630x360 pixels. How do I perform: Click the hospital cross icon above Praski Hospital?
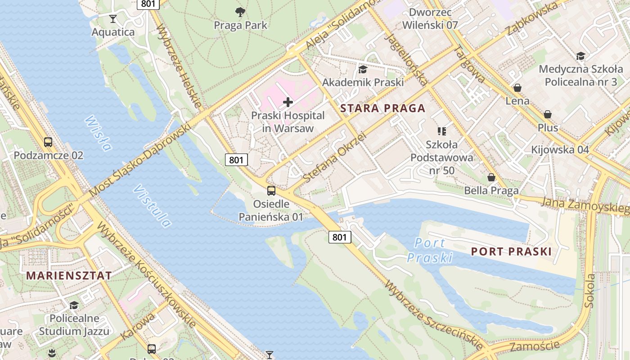pyautogui.click(x=288, y=103)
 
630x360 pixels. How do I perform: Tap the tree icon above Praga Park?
pyautogui.click(x=240, y=12)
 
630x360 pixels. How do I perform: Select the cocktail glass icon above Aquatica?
pyautogui.click(x=113, y=19)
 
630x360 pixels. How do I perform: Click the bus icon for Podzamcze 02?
pyautogui.click(x=48, y=142)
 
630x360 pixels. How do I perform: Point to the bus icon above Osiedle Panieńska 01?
pyautogui.click(x=271, y=190)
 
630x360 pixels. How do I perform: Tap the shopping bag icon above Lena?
pyautogui.click(x=517, y=88)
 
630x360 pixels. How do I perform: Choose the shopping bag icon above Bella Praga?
pyautogui.click(x=491, y=178)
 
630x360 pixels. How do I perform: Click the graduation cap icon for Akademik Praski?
pyautogui.click(x=362, y=69)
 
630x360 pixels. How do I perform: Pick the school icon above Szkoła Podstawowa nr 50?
pyautogui.click(x=441, y=131)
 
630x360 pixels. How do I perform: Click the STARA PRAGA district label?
pyautogui.click(x=382, y=108)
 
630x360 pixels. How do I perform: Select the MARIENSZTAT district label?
pyautogui.click(x=69, y=276)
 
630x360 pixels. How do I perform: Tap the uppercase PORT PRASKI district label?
pyautogui.click(x=511, y=252)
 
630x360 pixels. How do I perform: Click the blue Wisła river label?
pyautogui.click(x=98, y=134)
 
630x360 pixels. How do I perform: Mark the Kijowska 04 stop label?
pyautogui.click(x=560, y=149)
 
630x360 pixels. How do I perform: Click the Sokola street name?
pyautogui.click(x=589, y=290)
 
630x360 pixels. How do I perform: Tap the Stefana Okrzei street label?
pyautogui.click(x=335, y=157)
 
